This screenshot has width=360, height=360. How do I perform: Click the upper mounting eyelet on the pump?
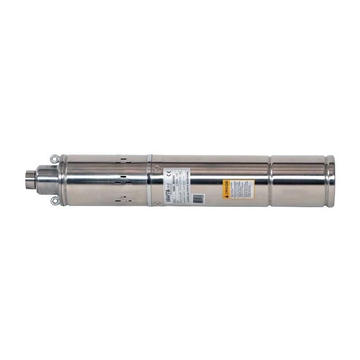click(x=54, y=158)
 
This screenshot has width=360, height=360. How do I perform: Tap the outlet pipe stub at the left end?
click(x=29, y=180)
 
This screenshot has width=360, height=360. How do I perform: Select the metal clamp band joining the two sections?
click(x=149, y=180)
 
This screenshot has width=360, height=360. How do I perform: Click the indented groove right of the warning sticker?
click(x=270, y=180)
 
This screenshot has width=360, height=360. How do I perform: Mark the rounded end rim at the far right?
click(x=331, y=180)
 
